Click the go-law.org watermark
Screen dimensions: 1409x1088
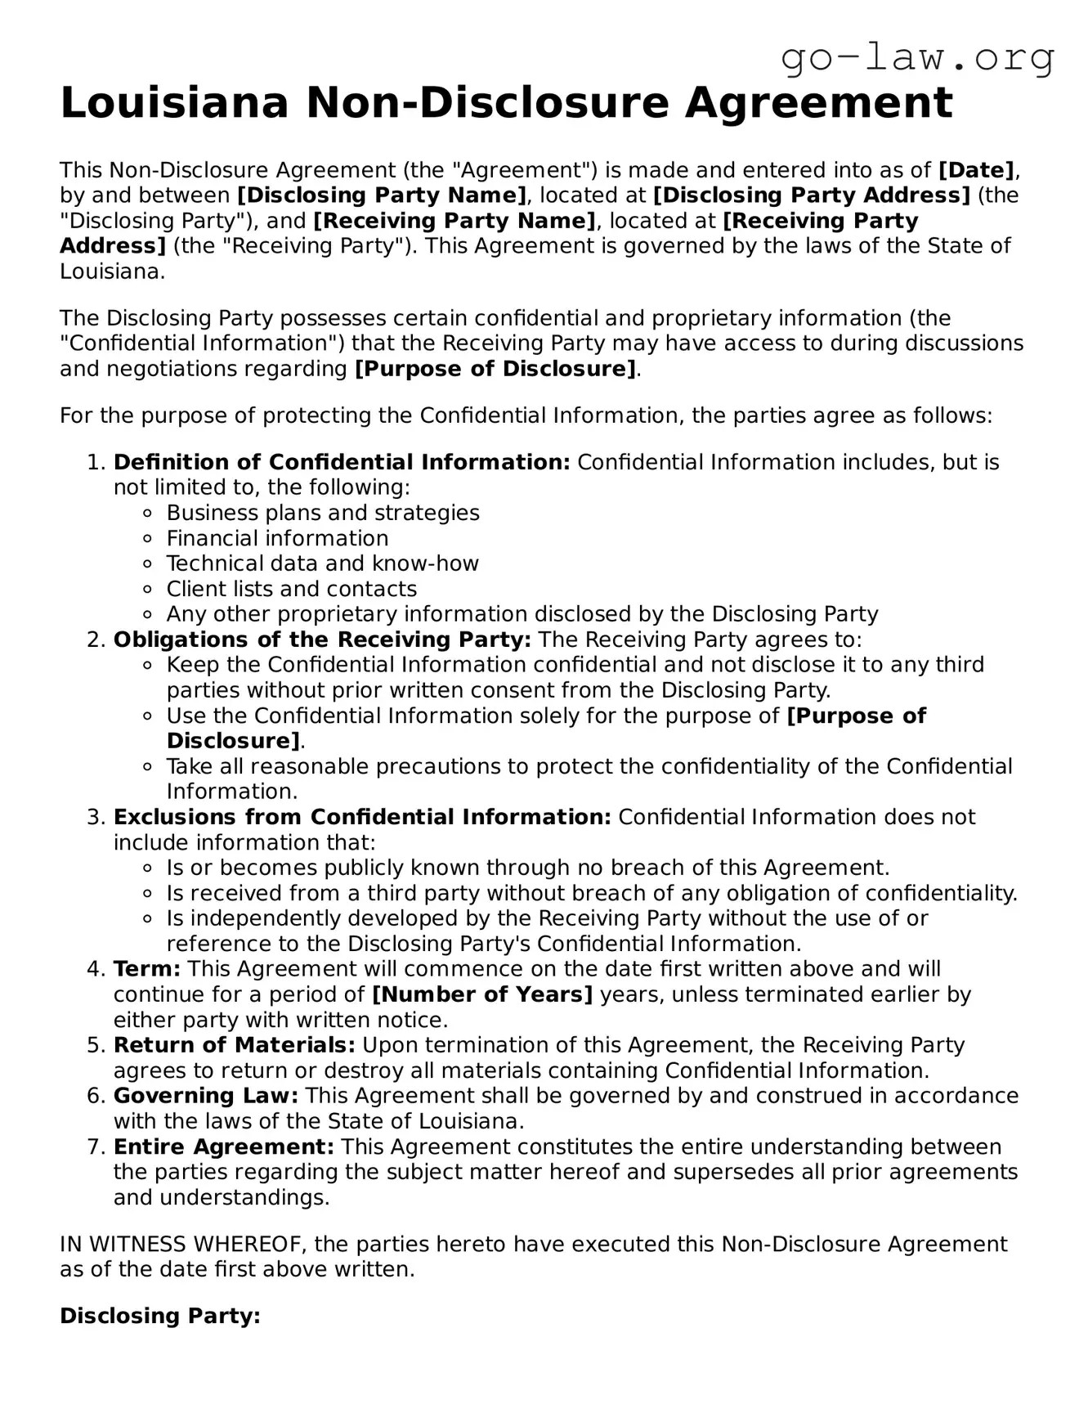pyautogui.click(x=917, y=59)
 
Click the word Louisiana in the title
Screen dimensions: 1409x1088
pyautogui.click(x=174, y=104)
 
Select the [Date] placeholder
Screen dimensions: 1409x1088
pyautogui.click(x=976, y=170)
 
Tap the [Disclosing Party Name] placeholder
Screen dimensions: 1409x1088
pyautogui.click(x=382, y=195)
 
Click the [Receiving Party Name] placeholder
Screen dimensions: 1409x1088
pyautogui.click(x=454, y=221)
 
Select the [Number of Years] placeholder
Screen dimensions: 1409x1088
pyautogui.click(x=482, y=995)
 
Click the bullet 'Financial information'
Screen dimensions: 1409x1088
pyautogui.click(x=277, y=538)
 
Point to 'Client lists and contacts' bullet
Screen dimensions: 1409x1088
pyautogui.click(x=291, y=589)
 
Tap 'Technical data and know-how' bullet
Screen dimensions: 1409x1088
pyautogui.click(x=322, y=563)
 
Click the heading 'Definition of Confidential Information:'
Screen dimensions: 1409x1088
pyautogui.click(x=342, y=462)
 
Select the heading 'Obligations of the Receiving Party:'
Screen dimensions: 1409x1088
pyautogui.click(x=322, y=639)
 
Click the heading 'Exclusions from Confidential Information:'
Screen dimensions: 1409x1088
pyautogui.click(x=362, y=817)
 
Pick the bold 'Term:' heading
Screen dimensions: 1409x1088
pyautogui.click(x=147, y=969)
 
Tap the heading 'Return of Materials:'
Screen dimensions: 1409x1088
pyautogui.click(x=234, y=1045)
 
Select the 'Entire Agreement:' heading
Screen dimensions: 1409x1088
pyautogui.click(x=223, y=1146)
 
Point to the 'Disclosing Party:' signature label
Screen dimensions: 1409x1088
pyautogui.click(x=160, y=1316)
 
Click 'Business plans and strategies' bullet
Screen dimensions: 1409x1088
pyautogui.click(x=323, y=513)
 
